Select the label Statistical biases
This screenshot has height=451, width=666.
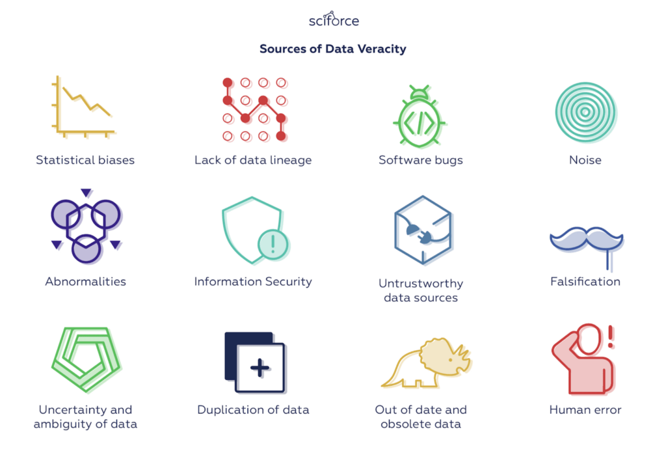(85, 159)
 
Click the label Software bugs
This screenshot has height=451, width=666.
(421, 159)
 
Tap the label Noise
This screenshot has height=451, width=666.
(585, 159)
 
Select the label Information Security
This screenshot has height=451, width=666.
(253, 282)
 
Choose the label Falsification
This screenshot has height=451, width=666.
(585, 282)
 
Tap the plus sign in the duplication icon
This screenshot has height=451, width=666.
(260, 368)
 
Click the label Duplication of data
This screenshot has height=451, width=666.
(253, 410)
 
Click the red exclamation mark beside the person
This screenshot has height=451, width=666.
(610, 336)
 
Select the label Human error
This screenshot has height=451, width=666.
(585, 410)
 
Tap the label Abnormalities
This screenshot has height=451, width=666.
(85, 282)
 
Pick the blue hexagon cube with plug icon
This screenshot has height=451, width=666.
(423, 230)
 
